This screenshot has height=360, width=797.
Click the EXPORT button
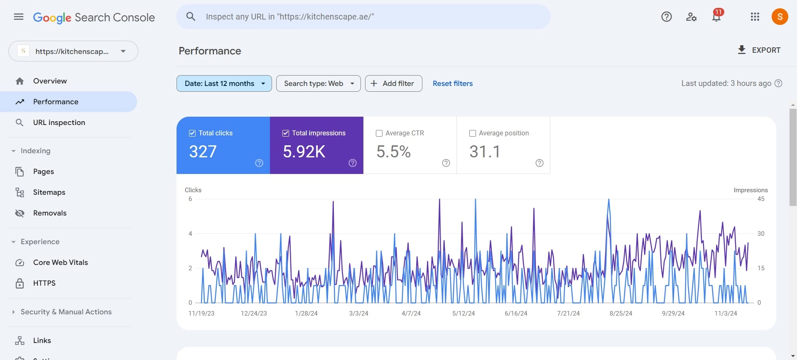pos(759,50)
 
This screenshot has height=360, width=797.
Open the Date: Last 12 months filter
pos(224,83)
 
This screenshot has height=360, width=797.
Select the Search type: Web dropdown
pos(319,83)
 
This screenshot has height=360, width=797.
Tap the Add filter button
pos(394,83)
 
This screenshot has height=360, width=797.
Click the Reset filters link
pos(453,83)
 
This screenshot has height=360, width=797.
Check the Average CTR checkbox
pos(379,133)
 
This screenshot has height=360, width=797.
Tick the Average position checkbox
pos(473,133)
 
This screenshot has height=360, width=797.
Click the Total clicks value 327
pos(203,152)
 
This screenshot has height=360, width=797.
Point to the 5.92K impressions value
pos(304,152)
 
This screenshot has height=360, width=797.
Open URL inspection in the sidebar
pos(59,122)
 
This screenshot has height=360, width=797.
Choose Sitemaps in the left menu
pos(49,192)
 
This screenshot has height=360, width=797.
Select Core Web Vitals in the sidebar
pos(61,262)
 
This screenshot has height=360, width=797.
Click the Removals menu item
pos(50,213)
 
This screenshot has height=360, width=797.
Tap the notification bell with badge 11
pos(716,17)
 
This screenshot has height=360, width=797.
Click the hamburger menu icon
pos(19,17)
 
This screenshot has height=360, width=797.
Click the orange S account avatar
pos(780,17)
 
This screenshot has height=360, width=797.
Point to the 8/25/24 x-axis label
pos(621,313)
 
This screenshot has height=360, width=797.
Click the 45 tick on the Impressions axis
pos(761,199)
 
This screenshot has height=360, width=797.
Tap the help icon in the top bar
pos(667,17)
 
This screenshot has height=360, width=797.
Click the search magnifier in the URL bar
pos(191,17)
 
